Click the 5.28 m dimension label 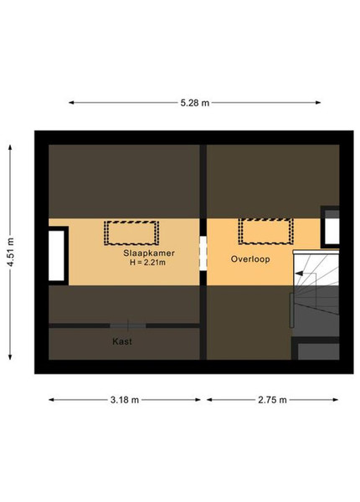coord(195,103)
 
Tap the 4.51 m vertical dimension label coord(11,252)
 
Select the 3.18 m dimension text coord(125,400)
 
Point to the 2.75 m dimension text coord(272,400)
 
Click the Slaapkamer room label coord(149,253)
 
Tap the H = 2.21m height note coord(147,263)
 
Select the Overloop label coord(250,259)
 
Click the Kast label coord(122,341)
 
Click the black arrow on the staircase coord(299,274)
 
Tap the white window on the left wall coord(57,255)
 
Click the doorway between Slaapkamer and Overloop coord(203,254)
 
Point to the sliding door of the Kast coord(128,326)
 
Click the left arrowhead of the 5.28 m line coord(71,103)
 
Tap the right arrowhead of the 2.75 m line coord(336,400)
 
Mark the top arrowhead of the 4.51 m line coord(10,147)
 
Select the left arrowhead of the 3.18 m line coord(52,400)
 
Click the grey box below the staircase coord(318,351)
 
